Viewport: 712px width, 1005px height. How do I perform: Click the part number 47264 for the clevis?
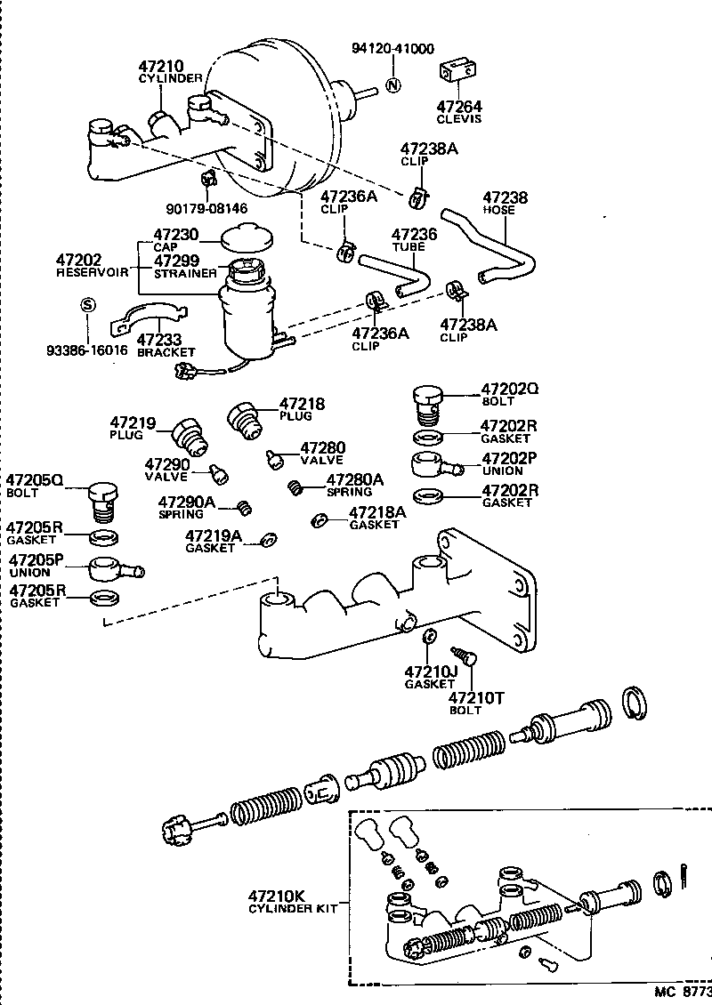click(458, 106)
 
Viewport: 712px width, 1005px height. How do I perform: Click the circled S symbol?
click(87, 303)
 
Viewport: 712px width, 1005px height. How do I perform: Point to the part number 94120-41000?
click(392, 49)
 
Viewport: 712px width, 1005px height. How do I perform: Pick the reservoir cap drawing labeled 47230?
click(246, 238)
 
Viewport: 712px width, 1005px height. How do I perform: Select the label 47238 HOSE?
click(506, 204)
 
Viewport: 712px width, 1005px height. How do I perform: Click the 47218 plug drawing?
click(245, 418)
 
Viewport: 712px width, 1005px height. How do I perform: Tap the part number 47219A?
click(213, 535)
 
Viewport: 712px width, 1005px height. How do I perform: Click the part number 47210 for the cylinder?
click(160, 66)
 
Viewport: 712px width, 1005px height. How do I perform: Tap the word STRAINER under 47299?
click(184, 273)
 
